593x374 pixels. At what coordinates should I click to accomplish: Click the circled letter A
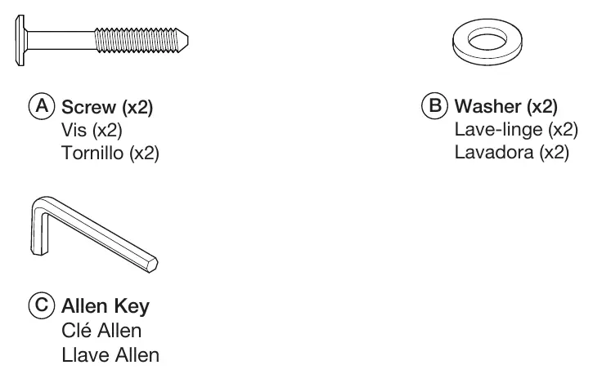tap(42, 106)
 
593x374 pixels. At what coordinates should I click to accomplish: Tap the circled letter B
tap(434, 105)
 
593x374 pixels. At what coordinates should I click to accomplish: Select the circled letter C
tap(42, 305)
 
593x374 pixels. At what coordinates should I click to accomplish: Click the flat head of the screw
tap(20, 41)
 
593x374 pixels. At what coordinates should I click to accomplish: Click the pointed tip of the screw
tap(187, 40)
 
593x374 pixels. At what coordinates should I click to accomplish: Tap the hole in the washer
tap(487, 39)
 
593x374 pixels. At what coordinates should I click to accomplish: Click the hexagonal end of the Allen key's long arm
tap(153, 264)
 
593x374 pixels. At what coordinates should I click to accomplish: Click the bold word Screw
tap(88, 107)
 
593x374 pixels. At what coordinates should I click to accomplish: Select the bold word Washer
tap(487, 106)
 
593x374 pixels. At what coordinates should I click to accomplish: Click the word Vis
tap(74, 130)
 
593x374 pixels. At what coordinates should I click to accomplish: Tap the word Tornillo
tap(92, 154)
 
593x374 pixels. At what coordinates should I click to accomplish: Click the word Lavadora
tap(494, 153)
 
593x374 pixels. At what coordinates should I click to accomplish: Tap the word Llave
tap(85, 355)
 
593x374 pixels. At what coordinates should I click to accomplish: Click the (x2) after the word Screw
tap(137, 108)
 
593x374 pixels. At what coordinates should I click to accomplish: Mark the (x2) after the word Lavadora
tap(554, 153)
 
